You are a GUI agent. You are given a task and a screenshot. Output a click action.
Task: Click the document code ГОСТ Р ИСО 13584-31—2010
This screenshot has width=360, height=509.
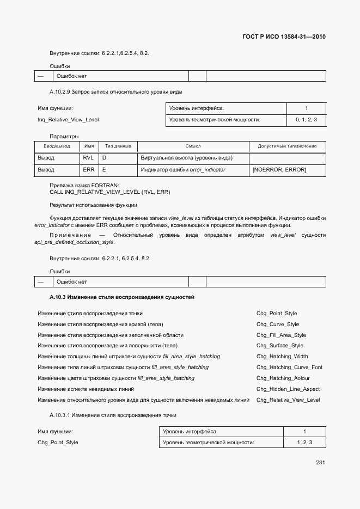(284, 37)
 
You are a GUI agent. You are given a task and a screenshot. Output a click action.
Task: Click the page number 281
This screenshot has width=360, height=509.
(320, 463)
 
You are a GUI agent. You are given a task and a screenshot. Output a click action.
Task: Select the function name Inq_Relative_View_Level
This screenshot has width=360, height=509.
(68, 119)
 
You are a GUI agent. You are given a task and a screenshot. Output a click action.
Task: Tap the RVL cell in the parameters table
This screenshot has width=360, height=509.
(88, 158)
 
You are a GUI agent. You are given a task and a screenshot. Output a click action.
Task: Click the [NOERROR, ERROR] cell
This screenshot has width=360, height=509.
(279, 170)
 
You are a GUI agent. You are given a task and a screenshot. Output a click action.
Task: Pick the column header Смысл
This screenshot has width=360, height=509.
(193, 146)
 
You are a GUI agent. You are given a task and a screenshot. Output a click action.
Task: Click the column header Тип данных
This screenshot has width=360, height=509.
(118, 146)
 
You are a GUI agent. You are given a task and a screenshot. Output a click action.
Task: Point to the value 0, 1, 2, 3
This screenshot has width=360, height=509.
(306, 119)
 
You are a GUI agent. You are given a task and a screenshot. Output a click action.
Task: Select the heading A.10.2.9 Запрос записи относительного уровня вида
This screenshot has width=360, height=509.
(115, 91)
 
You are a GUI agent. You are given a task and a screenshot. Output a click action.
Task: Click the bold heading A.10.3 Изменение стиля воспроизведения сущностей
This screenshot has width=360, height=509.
(122, 297)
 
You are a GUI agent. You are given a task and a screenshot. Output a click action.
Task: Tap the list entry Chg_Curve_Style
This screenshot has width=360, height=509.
(278, 324)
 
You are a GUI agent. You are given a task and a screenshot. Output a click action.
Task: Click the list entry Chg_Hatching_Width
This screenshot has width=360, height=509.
(282, 357)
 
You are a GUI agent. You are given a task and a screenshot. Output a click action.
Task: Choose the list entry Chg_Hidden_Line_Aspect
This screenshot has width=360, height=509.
(288, 389)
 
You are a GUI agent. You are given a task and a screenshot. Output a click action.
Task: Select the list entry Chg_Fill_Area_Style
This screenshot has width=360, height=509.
(281, 335)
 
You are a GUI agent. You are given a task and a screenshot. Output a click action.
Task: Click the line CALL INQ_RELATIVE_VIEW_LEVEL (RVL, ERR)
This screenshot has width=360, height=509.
(110, 192)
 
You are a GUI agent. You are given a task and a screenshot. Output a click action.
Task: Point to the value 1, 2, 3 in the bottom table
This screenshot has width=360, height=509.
(304, 443)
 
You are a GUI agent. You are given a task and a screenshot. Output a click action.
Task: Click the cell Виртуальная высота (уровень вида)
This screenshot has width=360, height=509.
(187, 158)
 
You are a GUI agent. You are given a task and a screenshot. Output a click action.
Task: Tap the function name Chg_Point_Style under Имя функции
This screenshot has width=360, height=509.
(58, 442)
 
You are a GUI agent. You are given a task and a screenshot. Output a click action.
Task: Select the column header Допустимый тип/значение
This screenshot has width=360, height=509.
(287, 146)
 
